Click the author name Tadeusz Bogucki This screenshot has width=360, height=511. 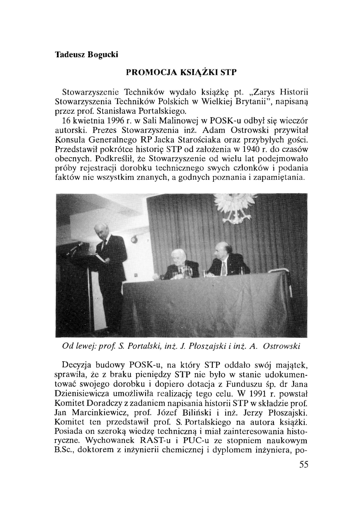click(81, 55)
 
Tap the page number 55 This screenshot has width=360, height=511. click(303, 465)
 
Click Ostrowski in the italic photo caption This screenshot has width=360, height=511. click(282, 347)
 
